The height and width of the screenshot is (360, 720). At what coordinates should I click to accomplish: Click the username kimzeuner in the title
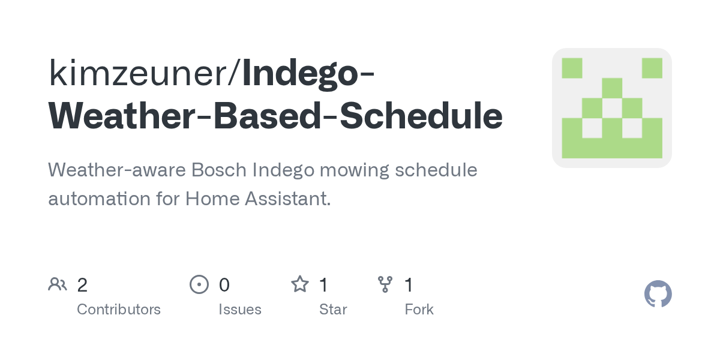pos(137,73)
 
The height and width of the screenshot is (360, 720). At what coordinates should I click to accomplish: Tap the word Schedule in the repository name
pos(421,115)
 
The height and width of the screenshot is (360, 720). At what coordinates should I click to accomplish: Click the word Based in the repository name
pos(267,115)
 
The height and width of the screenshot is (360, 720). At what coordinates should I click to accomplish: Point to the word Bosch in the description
pos(218,169)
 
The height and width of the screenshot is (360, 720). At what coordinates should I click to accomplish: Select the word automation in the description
pos(100,198)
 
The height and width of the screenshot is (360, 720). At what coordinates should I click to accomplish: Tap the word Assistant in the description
pos(287,198)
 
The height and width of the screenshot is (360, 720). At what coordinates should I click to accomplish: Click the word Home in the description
pos(212,198)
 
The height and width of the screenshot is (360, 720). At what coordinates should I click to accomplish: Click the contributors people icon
pos(58,284)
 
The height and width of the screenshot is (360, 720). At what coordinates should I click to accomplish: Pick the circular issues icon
pos(199,284)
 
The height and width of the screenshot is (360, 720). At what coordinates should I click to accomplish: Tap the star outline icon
pos(300,284)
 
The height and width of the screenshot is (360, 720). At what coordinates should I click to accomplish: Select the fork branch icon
pos(385,284)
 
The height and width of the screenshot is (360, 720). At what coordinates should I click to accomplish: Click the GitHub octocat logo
pos(658,294)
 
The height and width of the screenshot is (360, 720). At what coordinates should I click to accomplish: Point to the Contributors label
pos(119,310)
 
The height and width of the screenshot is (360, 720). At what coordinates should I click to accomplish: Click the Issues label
pos(240,310)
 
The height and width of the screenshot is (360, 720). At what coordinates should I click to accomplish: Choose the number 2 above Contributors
pos(82,285)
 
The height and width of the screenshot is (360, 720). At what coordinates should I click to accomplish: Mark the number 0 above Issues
pos(224,285)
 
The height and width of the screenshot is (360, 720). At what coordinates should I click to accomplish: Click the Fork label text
pos(419,310)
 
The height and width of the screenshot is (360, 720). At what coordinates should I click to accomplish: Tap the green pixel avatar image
pos(612,108)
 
